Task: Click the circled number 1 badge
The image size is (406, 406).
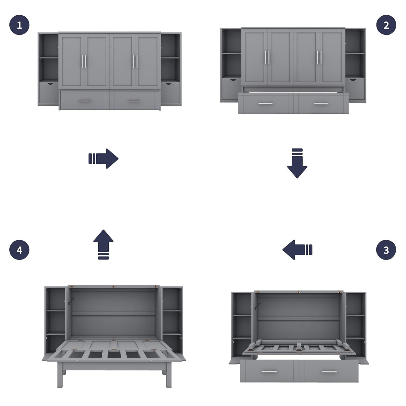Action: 19,25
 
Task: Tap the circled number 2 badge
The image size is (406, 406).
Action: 386,25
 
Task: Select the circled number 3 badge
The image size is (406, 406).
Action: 386,250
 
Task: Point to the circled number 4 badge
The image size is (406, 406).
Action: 19,250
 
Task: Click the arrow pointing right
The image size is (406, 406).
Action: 104,159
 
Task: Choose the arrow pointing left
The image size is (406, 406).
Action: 297,250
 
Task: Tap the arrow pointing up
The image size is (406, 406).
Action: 103,244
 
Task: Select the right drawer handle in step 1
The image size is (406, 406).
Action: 135,101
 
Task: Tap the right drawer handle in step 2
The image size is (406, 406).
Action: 321,104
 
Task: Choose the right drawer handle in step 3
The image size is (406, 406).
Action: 329,372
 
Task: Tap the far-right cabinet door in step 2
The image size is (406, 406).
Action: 332,56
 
